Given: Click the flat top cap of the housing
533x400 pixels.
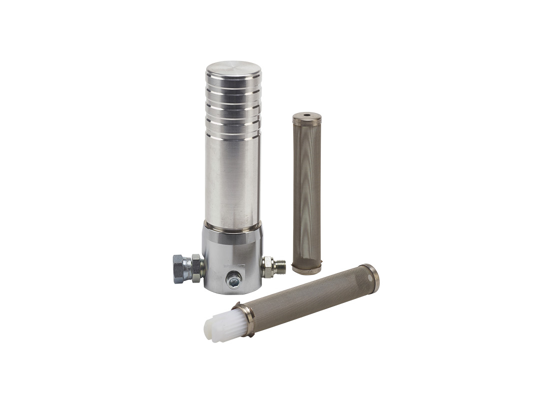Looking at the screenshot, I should pyautogui.click(x=233, y=68).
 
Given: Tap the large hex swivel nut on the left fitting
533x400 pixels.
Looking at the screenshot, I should pyautogui.click(x=180, y=268).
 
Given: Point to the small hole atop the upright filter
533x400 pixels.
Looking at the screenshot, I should pyautogui.click(x=307, y=115).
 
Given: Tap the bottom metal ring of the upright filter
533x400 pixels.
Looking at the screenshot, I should pyautogui.click(x=307, y=270).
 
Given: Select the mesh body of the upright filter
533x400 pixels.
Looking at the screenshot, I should pyautogui.click(x=307, y=195).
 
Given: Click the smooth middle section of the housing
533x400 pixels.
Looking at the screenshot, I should pyautogui.click(x=233, y=180).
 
